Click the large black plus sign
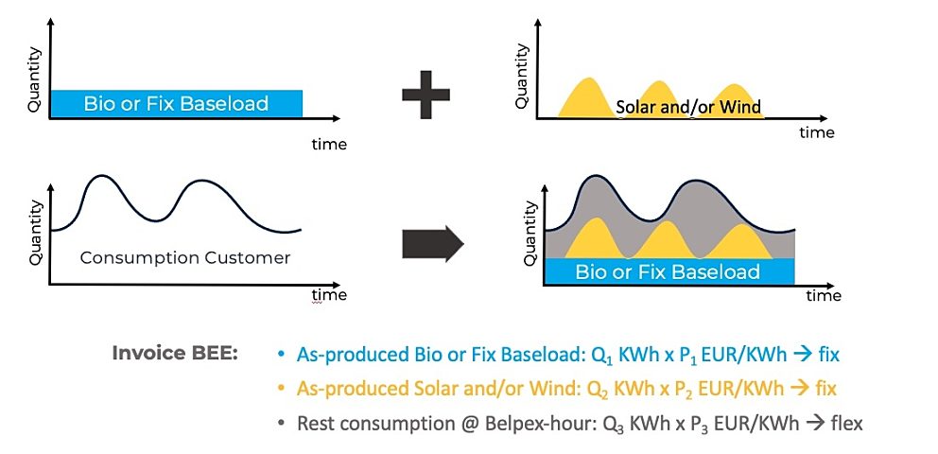point(426,95)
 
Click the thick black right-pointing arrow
point(433,244)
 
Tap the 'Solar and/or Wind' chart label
point(688,108)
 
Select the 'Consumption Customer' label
point(184,258)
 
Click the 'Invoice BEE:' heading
point(175,353)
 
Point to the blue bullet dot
point(281,355)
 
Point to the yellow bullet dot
point(281,390)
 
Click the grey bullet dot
point(281,424)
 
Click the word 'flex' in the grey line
point(846,424)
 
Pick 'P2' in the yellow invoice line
point(661,390)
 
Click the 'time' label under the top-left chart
point(329,144)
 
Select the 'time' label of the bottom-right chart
point(824,295)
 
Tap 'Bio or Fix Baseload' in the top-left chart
point(176,103)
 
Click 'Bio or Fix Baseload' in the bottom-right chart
point(668,271)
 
